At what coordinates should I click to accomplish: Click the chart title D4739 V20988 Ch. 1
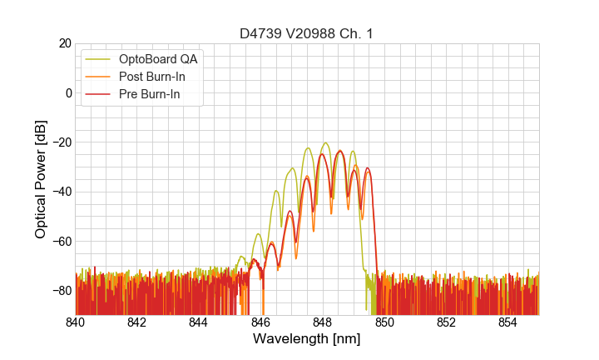coord(305,33)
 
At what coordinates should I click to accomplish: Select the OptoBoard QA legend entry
coord(158,59)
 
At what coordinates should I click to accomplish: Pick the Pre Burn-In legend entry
coord(153,94)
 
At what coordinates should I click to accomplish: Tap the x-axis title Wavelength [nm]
coord(306,339)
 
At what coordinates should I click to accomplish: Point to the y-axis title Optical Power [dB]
coord(41,179)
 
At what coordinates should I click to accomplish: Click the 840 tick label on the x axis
coord(76,322)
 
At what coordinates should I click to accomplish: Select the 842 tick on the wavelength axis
coord(137,322)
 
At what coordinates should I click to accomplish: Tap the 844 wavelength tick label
coord(199,322)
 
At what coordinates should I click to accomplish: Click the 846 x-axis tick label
coord(260,322)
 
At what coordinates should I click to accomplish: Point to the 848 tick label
coord(323,322)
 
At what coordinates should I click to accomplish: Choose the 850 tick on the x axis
coord(384,322)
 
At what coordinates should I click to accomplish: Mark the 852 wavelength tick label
coord(446,322)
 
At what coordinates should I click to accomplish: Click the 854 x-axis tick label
coord(507,322)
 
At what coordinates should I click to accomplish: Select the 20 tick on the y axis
coord(64,43)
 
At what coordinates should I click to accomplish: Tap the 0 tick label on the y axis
coord(67,92)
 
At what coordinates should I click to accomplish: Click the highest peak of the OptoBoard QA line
coord(325,142)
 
